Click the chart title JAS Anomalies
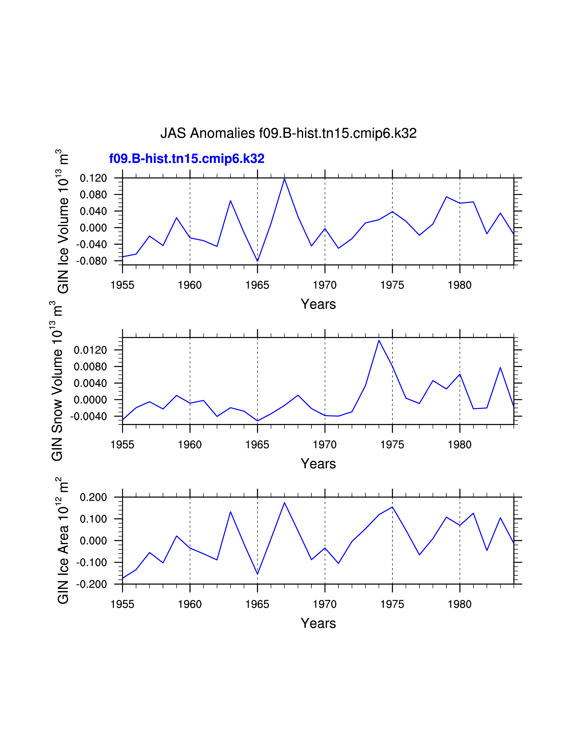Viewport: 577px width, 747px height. tap(288, 133)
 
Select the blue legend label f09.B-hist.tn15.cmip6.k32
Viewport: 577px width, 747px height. tap(187, 159)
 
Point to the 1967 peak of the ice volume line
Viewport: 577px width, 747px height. tap(284, 179)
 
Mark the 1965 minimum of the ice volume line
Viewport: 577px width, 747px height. tap(258, 261)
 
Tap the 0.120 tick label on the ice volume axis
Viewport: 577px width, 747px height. tap(93, 178)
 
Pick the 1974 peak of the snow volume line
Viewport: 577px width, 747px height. tap(379, 340)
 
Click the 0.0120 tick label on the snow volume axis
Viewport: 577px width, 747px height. tap(90, 350)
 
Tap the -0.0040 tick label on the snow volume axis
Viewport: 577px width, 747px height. tap(88, 416)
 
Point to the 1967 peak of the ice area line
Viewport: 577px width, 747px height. tap(284, 503)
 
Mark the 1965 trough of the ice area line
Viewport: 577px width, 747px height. tap(258, 574)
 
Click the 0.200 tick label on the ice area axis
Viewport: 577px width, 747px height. tap(93, 497)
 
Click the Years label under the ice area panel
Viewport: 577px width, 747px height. tap(318, 623)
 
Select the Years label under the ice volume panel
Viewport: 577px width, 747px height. tap(318, 304)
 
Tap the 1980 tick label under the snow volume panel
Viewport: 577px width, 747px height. tap(460, 445)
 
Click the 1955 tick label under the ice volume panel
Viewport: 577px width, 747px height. tap(122, 285)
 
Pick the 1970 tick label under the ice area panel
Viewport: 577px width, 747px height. tap(325, 604)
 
